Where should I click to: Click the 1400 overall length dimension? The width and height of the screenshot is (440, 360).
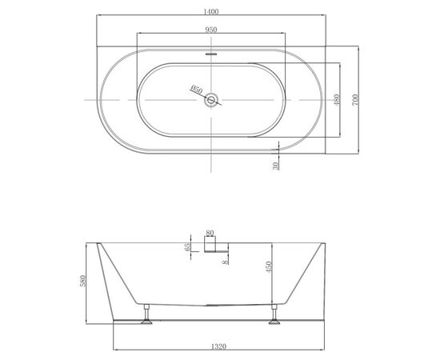(211, 12)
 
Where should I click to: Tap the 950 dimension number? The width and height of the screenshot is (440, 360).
(211, 30)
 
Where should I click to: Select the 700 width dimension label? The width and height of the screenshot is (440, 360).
(355, 100)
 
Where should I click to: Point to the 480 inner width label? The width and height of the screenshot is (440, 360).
(337, 100)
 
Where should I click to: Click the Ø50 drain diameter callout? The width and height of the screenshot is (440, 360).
(196, 90)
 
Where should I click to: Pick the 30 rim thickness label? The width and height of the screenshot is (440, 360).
(276, 166)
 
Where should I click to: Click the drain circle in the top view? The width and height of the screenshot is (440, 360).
(211, 100)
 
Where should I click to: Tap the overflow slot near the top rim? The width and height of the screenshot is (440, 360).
(211, 54)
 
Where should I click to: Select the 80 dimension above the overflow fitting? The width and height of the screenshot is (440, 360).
(210, 233)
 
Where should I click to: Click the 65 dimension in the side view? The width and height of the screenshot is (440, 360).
(187, 246)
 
